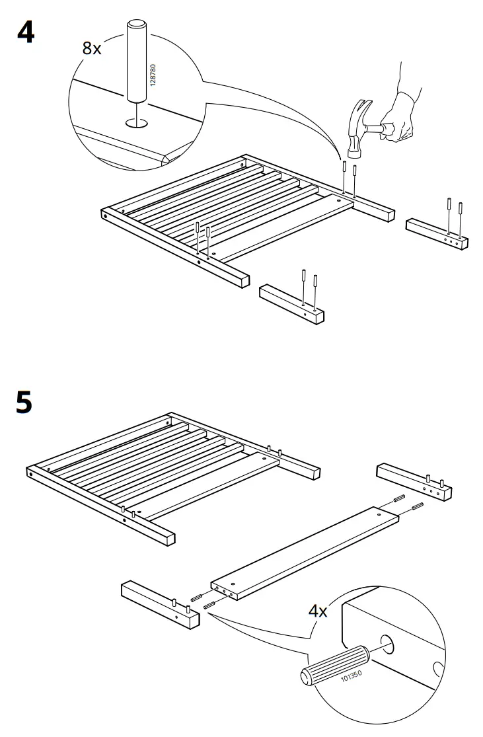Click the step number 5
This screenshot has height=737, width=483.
[24, 402]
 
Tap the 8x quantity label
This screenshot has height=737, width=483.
[93, 48]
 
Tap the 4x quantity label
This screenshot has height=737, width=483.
[318, 610]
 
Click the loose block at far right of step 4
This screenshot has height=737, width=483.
[437, 234]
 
